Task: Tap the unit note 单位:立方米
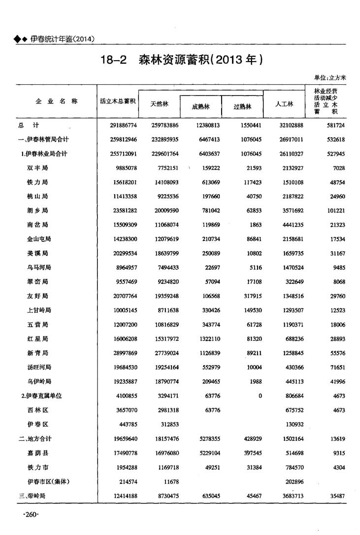pyautogui.click(x=330, y=77)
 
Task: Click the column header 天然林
pyautogui.click(x=159, y=104)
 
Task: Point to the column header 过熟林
pyautogui.click(x=242, y=106)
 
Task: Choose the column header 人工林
pyautogui.click(x=284, y=104)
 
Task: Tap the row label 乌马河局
pyautogui.click(x=39, y=268)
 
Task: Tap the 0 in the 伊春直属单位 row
pyautogui.click(x=260, y=396)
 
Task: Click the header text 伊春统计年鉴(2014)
pyautogui.click(x=62, y=39)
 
